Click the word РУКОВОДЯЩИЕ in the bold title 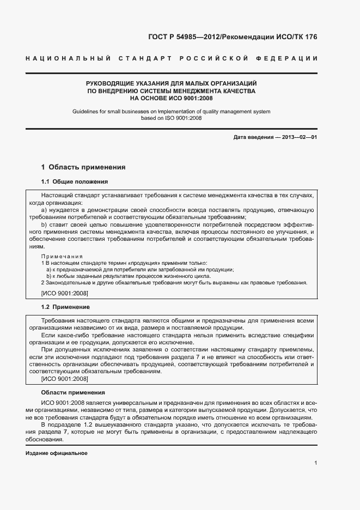(x=107, y=83)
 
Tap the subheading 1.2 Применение (x=66, y=307)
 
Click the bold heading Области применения (x=73, y=392)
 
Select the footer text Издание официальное (x=57, y=453)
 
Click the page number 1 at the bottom (x=315, y=463)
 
